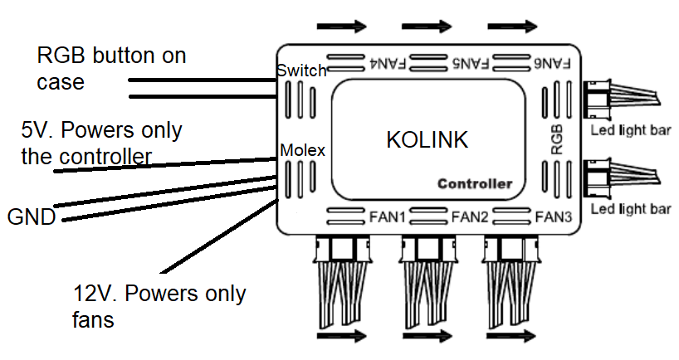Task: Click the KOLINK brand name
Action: pyautogui.click(x=427, y=140)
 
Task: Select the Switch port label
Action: pyautogui.click(x=302, y=71)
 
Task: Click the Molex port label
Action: pyautogui.click(x=302, y=150)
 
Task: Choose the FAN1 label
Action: pyautogui.click(x=387, y=217)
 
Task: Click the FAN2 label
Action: pyautogui.click(x=471, y=217)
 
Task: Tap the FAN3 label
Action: pyautogui.click(x=553, y=217)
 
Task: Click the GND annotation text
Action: pyautogui.click(x=31, y=218)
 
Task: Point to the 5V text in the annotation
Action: pyautogui.click(x=37, y=131)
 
